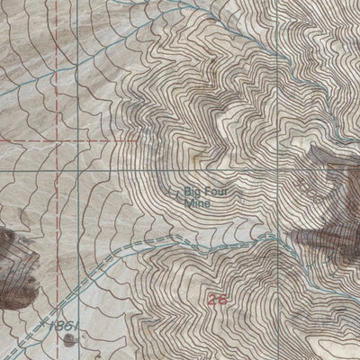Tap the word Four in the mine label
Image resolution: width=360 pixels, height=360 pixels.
coord(208,191)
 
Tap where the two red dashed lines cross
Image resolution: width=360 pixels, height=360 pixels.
coord(58,141)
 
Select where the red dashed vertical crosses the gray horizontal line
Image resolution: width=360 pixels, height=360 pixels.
coord(58,170)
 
